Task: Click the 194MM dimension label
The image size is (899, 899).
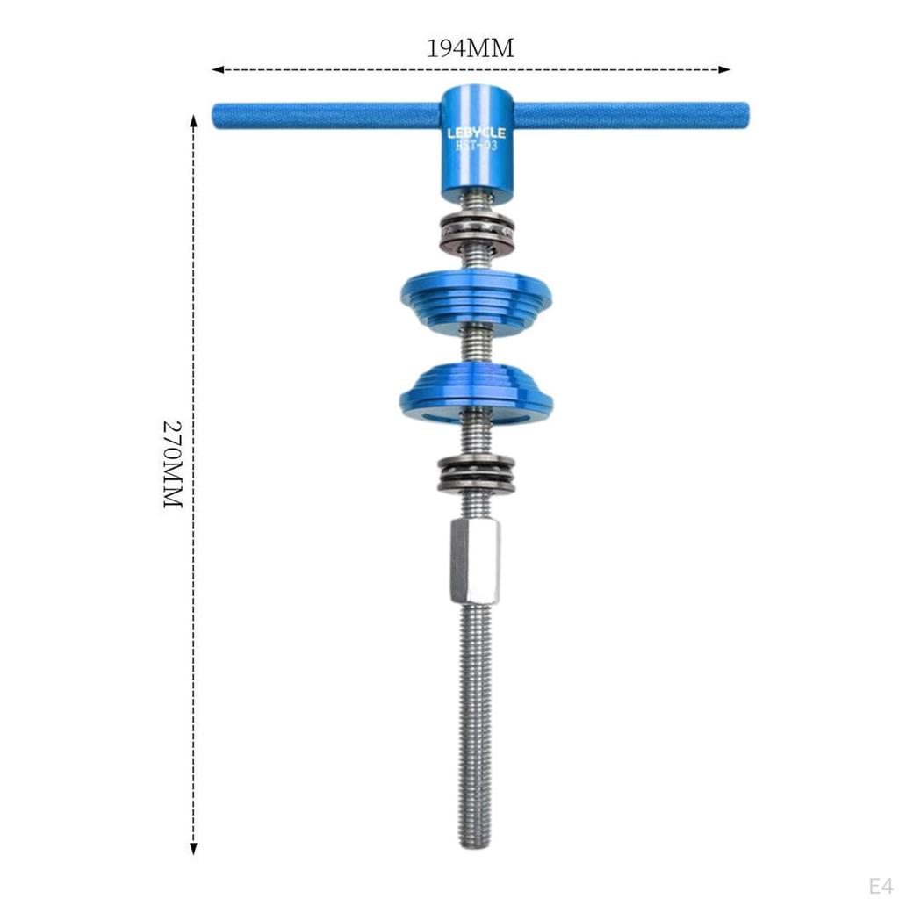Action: [471, 49]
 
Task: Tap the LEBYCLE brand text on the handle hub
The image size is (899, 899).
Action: [476, 133]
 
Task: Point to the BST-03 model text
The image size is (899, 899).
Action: [476, 146]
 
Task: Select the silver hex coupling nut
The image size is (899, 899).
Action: [475, 560]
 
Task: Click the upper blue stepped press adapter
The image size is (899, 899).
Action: [476, 298]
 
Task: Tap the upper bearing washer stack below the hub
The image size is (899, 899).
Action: [475, 234]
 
